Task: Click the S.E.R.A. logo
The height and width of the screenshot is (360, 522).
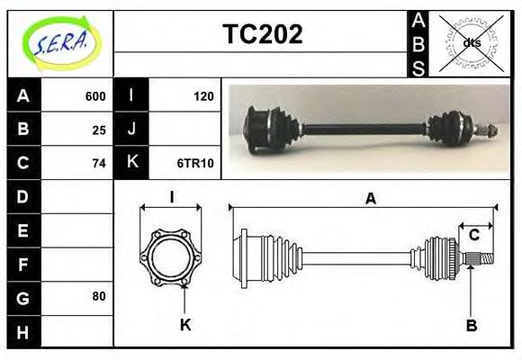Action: click(x=60, y=43)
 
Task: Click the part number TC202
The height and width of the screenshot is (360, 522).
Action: click(x=262, y=34)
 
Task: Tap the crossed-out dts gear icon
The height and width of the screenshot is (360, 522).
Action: click(x=470, y=43)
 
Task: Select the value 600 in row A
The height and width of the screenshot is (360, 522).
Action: click(x=94, y=96)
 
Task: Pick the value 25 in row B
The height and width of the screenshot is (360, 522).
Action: click(x=99, y=130)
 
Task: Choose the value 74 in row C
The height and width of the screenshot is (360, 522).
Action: click(x=99, y=163)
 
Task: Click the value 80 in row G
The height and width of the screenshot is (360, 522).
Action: click(x=98, y=296)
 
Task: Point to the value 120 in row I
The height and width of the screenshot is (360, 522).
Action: click(x=202, y=96)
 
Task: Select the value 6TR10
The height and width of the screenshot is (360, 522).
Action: click(x=195, y=163)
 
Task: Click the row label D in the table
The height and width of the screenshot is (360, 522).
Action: click(x=23, y=196)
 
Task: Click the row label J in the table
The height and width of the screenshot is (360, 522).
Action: click(x=132, y=130)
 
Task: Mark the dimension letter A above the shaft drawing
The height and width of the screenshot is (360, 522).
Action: click(x=369, y=199)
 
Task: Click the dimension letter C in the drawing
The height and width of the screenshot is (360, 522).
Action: click(x=473, y=236)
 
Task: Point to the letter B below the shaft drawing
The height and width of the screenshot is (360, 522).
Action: click(x=471, y=325)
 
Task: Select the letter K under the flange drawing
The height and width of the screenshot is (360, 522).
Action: click(x=184, y=325)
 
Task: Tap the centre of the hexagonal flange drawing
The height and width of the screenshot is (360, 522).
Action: click(x=171, y=256)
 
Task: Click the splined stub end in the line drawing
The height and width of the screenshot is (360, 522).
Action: click(x=482, y=260)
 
